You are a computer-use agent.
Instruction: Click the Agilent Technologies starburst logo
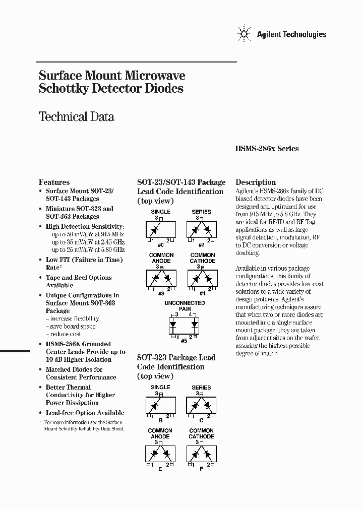[x=244, y=34]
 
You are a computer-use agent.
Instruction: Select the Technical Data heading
[x=77, y=117]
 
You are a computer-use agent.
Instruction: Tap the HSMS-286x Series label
[x=267, y=149]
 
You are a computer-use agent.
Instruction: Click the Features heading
[x=54, y=182]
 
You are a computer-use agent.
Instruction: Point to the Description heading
[x=256, y=182]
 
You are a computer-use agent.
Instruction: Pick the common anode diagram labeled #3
[x=160, y=278]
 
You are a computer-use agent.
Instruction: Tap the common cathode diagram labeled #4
[x=202, y=278]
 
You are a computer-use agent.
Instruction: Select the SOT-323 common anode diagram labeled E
[x=160, y=455]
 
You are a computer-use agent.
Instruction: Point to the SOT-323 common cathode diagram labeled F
[x=201, y=455]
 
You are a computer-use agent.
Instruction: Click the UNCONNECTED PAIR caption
[x=185, y=306]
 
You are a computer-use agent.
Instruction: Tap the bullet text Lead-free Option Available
[x=85, y=413]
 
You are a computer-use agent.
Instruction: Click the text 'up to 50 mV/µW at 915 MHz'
[x=88, y=235]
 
